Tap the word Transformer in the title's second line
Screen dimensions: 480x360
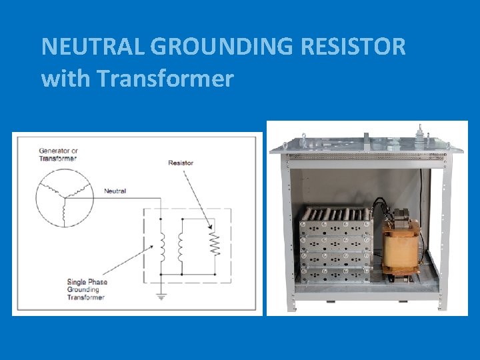pyautogui.click(x=165, y=79)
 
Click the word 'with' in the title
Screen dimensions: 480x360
pyautogui.click(x=65, y=79)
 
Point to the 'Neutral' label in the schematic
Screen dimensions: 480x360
pyautogui.click(x=115, y=191)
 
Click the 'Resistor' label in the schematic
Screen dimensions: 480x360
pyautogui.click(x=181, y=162)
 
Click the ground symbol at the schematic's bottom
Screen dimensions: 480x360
pyautogui.click(x=161, y=296)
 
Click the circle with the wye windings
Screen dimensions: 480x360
pyautogui.click(x=64, y=197)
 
